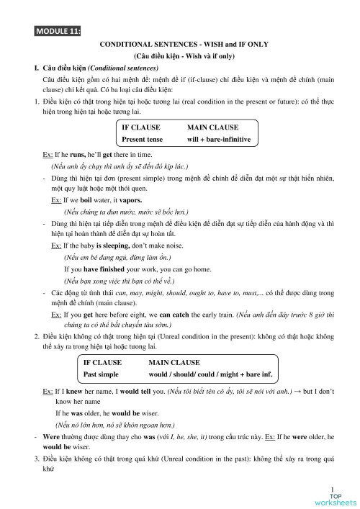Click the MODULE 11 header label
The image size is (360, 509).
coord(57,30)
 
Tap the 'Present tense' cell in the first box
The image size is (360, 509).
coord(143,139)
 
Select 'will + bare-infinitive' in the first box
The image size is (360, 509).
coord(218,139)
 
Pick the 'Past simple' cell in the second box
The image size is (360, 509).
coord(101,374)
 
